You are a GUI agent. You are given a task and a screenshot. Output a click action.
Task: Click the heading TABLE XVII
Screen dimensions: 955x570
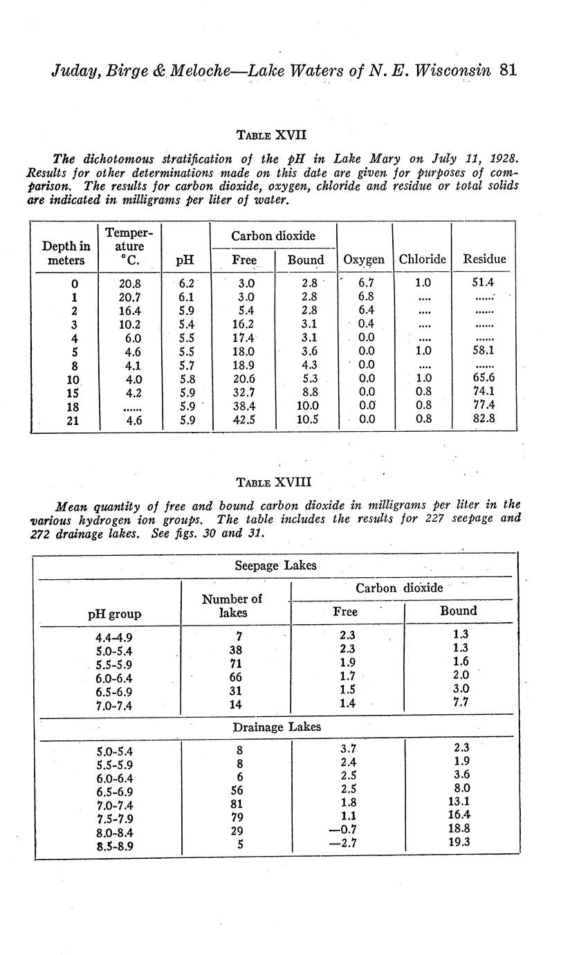[271, 134]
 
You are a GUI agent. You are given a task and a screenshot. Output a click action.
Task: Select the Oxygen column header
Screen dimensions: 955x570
[364, 260]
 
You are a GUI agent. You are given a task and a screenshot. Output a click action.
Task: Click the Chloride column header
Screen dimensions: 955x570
[422, 260]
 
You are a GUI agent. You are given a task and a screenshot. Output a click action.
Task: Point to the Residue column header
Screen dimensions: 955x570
[484, 260]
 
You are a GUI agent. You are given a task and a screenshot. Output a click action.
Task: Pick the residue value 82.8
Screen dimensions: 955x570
[484, 419]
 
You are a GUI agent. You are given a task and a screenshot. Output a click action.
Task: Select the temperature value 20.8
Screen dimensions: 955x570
[130, 283]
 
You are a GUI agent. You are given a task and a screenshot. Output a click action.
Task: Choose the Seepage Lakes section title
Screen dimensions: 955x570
[275, 565]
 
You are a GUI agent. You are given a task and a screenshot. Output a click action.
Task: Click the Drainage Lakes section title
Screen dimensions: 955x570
[277, 727]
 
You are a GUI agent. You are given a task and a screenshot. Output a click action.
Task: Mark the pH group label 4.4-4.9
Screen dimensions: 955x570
[114, 637]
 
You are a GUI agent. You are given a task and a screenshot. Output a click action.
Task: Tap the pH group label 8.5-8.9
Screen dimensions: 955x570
[114, 846]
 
